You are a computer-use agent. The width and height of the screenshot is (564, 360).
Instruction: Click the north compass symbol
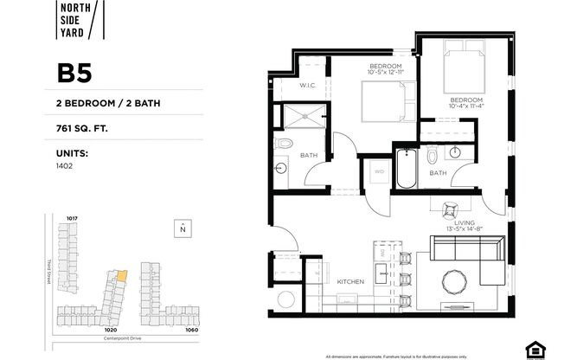pos(183,228)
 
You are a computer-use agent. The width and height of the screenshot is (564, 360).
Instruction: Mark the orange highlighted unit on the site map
pos(122,276)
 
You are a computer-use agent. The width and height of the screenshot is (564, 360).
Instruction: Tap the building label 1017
pos(73,217)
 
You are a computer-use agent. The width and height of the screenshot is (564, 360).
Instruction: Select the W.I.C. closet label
pos(308,85)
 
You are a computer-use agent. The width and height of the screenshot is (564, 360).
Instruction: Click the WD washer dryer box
pos(378,173)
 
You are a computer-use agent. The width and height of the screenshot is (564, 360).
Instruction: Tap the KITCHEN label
pos(349,282)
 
